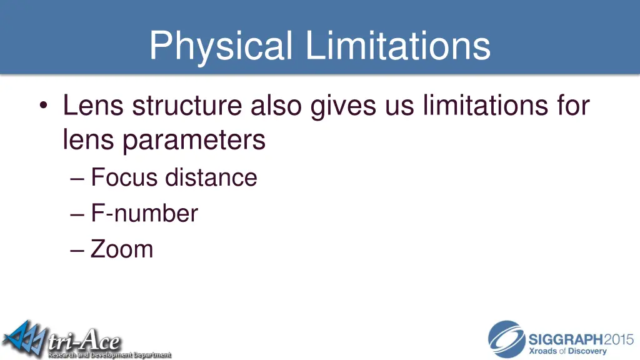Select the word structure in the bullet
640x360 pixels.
pos(187,106)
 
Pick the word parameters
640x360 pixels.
pos(194,140)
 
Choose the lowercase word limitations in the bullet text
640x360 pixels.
pos(484,106)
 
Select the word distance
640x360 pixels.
pos(211,177)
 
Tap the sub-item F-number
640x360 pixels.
pos(144,214)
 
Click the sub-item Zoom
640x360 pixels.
pos(122,249)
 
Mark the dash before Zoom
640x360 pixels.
pos(77,250)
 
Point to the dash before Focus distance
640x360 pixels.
pos(77,179)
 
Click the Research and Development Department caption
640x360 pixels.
pos(109,354)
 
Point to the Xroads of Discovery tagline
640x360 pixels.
pos(568,351)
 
